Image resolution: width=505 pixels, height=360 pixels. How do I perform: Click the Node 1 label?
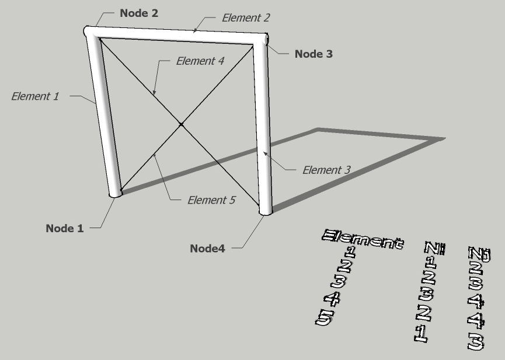[x=64, y=229]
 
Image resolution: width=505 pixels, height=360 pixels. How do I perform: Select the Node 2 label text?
[x=138, y=13]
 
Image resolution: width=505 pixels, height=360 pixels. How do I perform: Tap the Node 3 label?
[x=314, y=54]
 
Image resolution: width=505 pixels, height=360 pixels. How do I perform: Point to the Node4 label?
[x=207, y=248]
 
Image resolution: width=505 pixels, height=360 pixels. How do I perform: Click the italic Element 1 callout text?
[x=35, y=96]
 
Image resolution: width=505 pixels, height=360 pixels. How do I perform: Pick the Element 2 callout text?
[x=245, y=18]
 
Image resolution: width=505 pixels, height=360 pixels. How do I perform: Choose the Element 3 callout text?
[x=326, y=170]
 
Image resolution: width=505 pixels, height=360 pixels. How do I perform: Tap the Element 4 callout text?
[x=200, y=61]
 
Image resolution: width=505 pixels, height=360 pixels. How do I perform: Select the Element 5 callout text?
[x=211, y=200]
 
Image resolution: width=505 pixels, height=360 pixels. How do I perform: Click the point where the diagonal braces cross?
[x=182, y=124]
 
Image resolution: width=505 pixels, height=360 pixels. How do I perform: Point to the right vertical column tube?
[x=263, y=128]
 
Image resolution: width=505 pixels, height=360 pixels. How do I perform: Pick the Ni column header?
[x=435, y=249]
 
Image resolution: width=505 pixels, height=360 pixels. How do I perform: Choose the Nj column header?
[x=479, y=254]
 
